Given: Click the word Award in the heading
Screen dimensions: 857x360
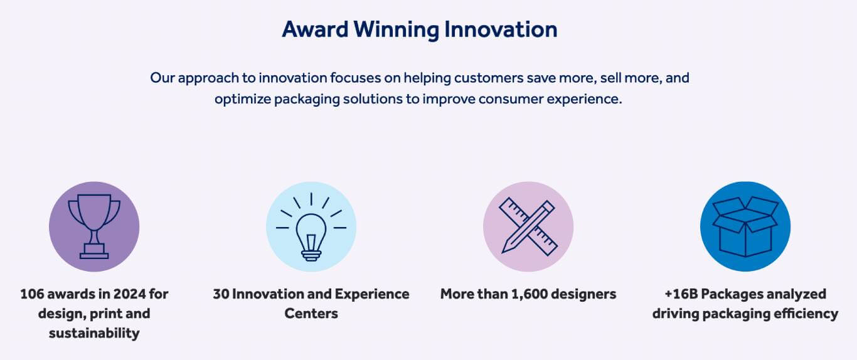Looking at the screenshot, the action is click(315, 29).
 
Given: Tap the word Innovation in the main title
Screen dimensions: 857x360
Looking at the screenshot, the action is click(501, 29).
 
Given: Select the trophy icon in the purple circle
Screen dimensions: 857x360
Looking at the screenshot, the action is click(94, 226).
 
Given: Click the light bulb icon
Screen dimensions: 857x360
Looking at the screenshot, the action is click(311, 227).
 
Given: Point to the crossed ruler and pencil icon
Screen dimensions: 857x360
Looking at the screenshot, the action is click(528, 226).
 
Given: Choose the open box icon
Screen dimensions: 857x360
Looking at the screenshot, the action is click(745, 226).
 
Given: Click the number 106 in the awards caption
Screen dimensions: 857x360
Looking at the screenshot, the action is click(31, 294).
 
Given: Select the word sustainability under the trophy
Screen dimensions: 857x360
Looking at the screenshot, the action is click(94, 333).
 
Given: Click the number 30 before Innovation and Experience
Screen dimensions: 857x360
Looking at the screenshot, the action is click(221, 294).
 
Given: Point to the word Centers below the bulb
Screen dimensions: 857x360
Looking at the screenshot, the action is click(311, 314).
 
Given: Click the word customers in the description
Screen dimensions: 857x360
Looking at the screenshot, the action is click(489, 78).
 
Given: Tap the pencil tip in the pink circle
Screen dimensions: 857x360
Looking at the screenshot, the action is click(504, 250).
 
